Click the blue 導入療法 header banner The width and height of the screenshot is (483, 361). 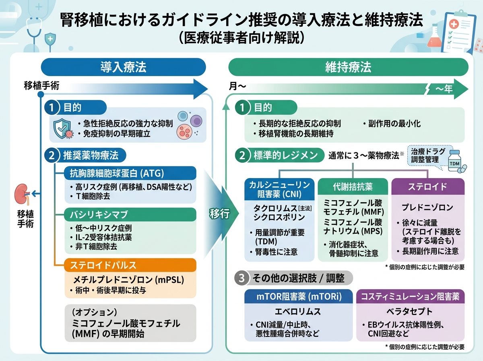(x=123, y=67)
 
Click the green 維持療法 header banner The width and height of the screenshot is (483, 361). (x=348, y=67)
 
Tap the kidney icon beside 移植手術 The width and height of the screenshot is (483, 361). (x=22, y=194)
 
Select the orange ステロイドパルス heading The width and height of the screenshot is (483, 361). (x=130, y=265)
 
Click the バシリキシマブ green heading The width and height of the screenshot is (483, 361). (x=130, y=214)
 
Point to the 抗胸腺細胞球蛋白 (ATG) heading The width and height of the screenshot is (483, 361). (x=130, y=173)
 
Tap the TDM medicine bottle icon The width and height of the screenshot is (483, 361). (x=456, y=162)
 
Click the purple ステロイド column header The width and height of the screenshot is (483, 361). (x=428, y=187)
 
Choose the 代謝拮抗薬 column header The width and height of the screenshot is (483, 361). (x=353, y=187)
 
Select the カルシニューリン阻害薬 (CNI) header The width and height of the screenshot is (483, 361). (x=279, y=189)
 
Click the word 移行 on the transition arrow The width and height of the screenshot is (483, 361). (x=219, y=214)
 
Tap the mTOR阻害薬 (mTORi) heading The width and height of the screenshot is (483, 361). (x=299, y=297)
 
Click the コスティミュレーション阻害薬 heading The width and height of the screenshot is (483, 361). (x=411, y=297)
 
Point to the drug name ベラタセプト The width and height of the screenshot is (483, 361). (x=410, y=311)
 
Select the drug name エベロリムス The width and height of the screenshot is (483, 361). (x=298, y=311)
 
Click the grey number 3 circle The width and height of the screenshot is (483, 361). (x=242, y=278)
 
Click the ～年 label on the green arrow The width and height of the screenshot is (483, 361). (x=444, y=89)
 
